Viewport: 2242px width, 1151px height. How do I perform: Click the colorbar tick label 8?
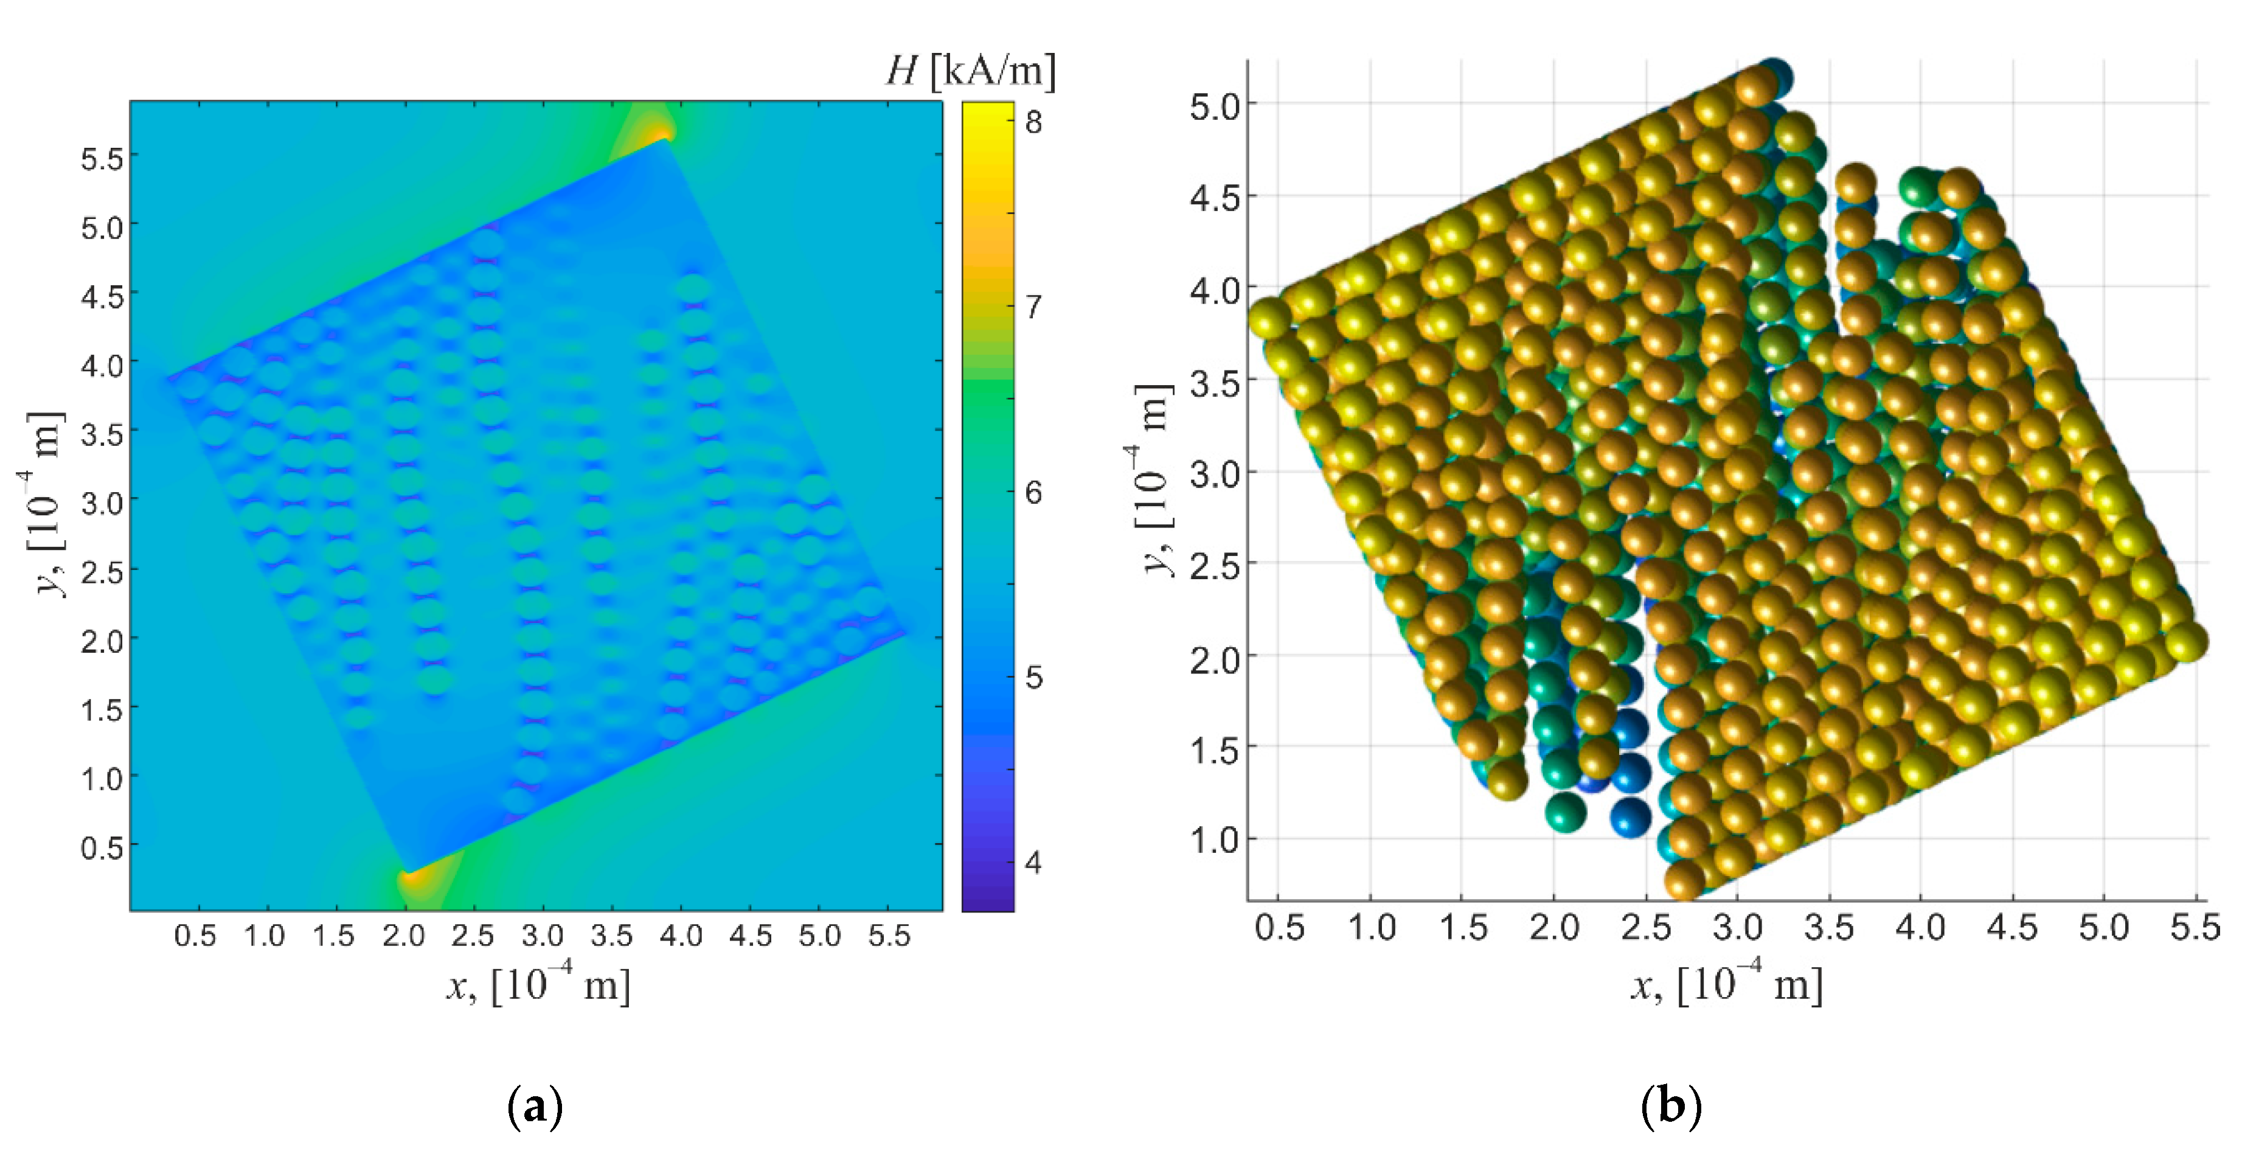[x=1033, y=122]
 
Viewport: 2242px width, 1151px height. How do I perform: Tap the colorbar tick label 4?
[x=1033, y=862]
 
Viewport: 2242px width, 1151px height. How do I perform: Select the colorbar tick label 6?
[x=1033, y=492]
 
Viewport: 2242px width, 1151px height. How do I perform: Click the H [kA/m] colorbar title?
[x=970, y=69]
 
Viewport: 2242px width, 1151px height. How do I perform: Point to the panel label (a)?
[x=535, y=1107]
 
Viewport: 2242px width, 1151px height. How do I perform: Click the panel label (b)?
[x=1670, y=1107]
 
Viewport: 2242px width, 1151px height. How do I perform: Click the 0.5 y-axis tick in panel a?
[x=102, y=846]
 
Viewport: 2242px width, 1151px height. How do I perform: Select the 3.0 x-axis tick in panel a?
[x=542, y=936]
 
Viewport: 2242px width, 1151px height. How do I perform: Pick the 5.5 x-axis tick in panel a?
[x=889, y=936]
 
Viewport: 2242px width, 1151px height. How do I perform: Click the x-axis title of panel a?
[x=538, y=986]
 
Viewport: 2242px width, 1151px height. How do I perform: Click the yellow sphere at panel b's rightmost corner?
[x=2186, y=642]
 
